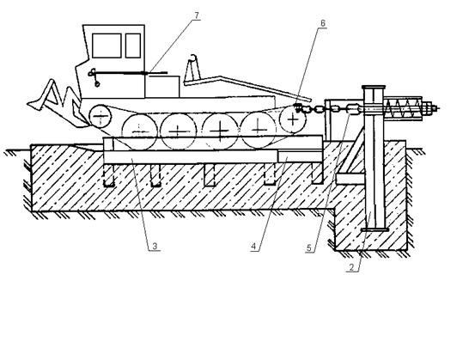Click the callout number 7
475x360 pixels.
tap(197, 15)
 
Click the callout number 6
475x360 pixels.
tap(323, 23)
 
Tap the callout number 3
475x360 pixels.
tap(155, 246)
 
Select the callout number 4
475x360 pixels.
tap(254, 247)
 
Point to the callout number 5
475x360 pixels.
tap(309, 247)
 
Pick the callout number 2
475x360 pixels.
tap(351, 267)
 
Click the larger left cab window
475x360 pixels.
tap(107, 46)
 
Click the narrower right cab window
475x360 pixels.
tap(133, 46)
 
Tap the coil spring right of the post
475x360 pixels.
tap(403, 107)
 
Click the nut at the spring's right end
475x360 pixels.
tap(428, 108)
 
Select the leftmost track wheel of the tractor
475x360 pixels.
tap(100, 116)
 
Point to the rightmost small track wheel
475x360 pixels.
tap(293, 119)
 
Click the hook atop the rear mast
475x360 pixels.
tap(193, 58)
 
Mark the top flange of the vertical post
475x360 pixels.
tap(373, 88)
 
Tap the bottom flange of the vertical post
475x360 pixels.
tap(375, 230)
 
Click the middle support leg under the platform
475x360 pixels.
tap(210, 174)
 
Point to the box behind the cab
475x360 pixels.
tap(162, 87)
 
